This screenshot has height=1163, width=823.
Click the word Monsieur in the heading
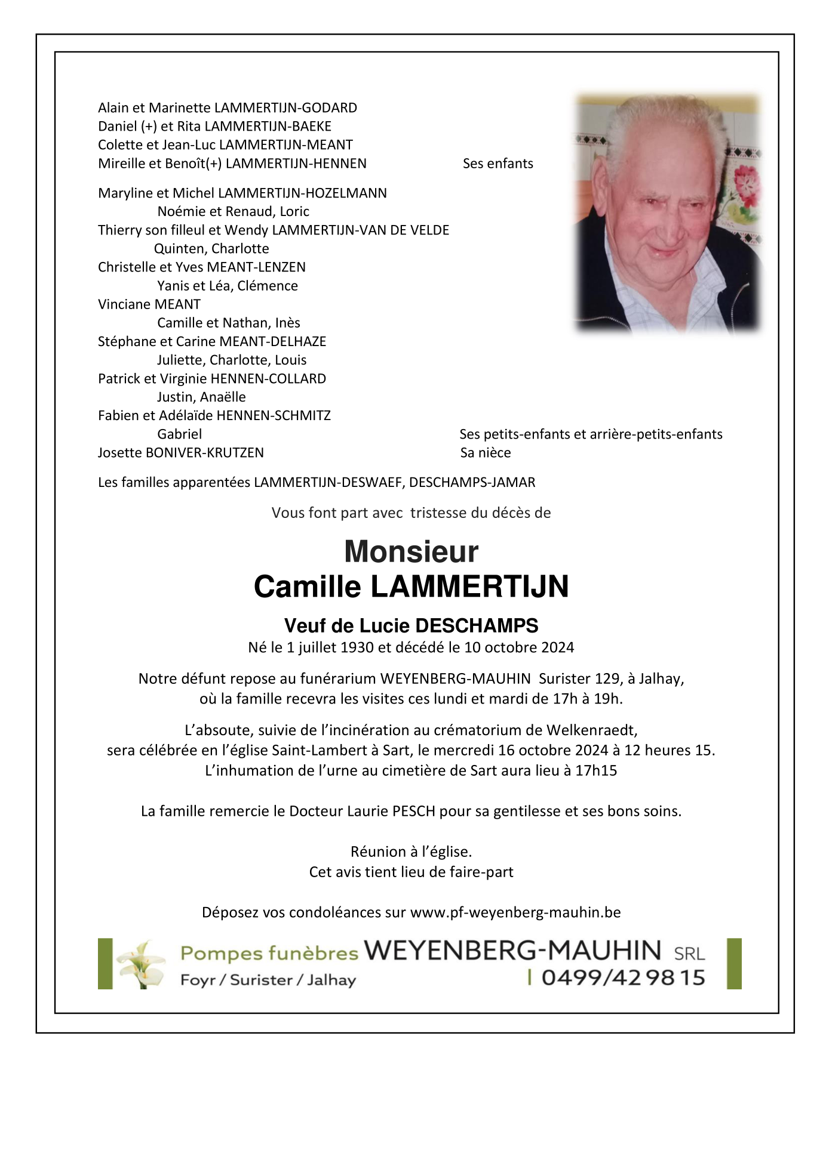(x=411, y=552)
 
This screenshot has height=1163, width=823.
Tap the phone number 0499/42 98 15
(x=623, y=978)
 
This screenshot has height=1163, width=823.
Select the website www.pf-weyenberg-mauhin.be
(x=515, y=912)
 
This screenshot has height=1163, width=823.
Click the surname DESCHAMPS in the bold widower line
(x=477, y=625)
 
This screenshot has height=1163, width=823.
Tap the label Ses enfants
(x=498, y=164)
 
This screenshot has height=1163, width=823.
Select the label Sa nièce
(x=486, y=453)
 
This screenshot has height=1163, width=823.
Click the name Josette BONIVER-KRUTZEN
(x=181, y=453)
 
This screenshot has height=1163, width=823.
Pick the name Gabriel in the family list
(x=179, y=434)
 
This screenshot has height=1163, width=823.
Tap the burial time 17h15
(x=595, y=770)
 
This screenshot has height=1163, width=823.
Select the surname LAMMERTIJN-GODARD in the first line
(x=285, y=108)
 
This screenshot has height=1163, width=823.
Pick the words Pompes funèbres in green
(x=269, y=954)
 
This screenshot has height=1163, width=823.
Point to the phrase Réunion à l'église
(x=411, y=852)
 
